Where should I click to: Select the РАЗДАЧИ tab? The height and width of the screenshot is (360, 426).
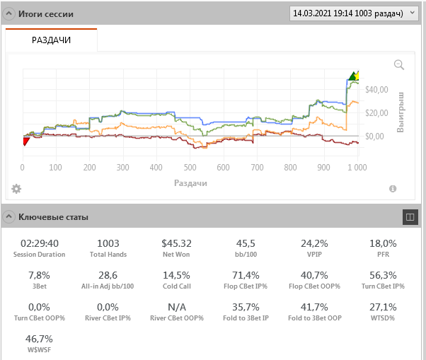pos(51,40)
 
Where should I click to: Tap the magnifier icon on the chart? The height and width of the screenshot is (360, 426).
pos(399,65)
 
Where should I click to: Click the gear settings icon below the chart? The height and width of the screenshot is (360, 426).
pos(16,189)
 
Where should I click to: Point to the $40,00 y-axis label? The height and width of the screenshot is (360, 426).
pos(377,89)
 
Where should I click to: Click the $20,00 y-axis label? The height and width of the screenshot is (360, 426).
pos(377,112)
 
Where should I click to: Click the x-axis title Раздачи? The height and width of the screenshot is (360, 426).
pos(190,182)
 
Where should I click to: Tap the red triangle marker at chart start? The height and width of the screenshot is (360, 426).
pos(25,141)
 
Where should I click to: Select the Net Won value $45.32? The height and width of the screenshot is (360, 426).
pos(176,243)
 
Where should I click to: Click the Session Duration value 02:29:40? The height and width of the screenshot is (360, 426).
pos(40,243)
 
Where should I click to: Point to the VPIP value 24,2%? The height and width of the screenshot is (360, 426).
pos(314,243)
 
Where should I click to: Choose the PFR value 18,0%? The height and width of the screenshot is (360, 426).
pos(383,243)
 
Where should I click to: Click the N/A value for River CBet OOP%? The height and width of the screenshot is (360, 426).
pos(176,308)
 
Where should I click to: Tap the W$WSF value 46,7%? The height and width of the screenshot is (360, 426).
pos(40,339)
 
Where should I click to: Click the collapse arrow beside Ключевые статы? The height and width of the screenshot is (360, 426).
pos(10,217)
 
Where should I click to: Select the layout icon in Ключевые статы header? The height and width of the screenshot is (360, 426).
pos(410,217)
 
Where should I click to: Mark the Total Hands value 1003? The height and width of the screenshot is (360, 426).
pos(108,243)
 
